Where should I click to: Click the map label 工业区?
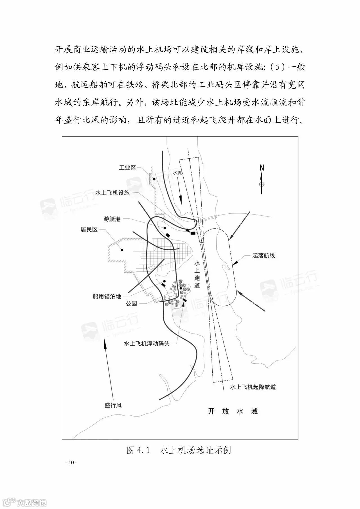(x=127, y=168)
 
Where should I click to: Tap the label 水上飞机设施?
(x=112, y=193)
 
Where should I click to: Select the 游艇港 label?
(x=112, y=219)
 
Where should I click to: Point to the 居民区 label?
(x=89, y=230)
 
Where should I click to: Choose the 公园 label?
(x=131, y=303)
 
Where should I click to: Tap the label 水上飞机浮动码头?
(x=147, y=343)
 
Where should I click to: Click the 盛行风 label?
(x=113, y=405)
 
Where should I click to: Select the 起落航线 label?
(x=264, y=256)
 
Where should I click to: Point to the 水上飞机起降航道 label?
(x=253, y=387)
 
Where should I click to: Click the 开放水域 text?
(x=233, y=411)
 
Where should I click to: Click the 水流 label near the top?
(x=177, y=173)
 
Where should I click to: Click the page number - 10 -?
(x=71, y=463)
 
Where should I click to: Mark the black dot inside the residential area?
(x=122, y=250)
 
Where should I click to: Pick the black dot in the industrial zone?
(x=154, y=179)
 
